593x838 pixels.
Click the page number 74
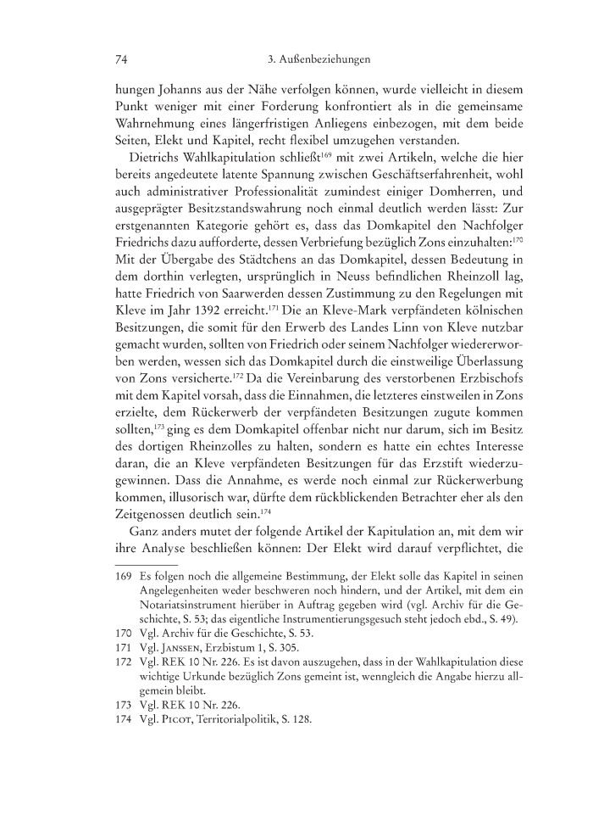click(120, 60)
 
